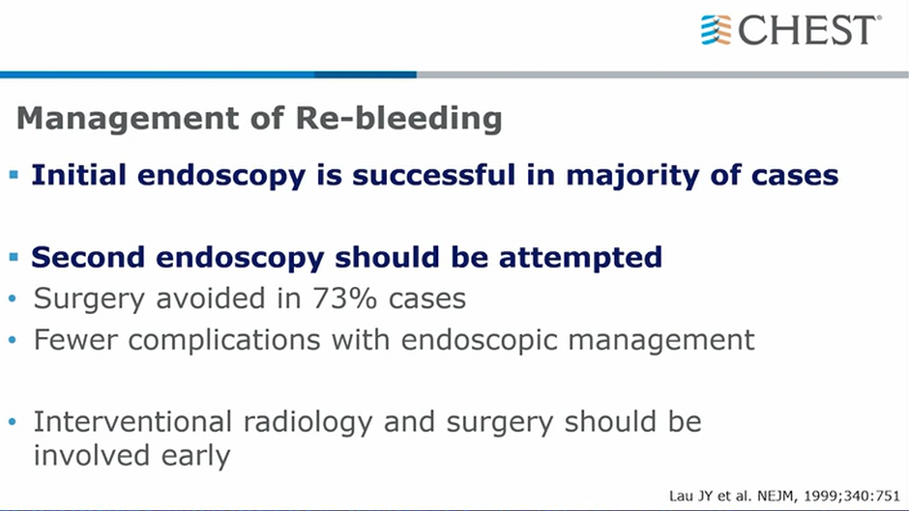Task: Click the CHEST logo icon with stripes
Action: point(716,30)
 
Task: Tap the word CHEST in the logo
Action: point(806,30)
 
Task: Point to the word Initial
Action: point(79,175)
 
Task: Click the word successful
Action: point(433,175)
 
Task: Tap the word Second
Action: point(88,257)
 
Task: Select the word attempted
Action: point(580,258)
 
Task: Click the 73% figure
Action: point(345,298)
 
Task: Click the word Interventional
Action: point(132,422)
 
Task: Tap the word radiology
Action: point(308,423)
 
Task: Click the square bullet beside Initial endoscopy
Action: point(14,175)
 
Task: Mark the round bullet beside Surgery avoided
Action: point(13,298)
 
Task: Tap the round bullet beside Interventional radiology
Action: point(13,422)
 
